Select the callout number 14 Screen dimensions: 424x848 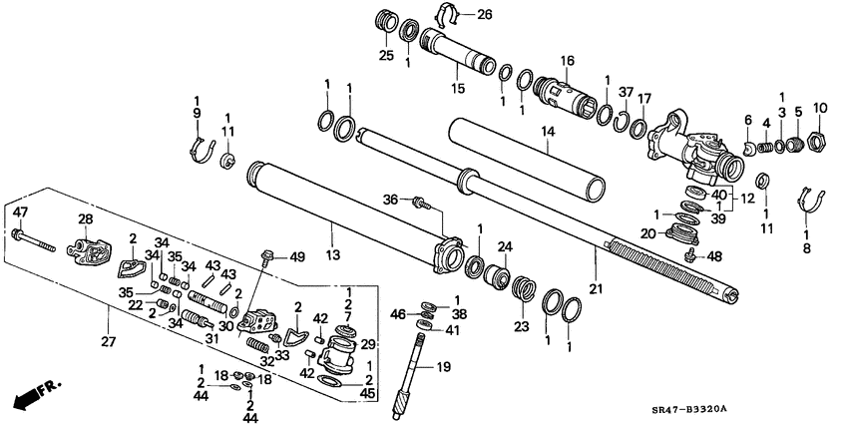548,130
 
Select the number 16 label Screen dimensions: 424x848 567,61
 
